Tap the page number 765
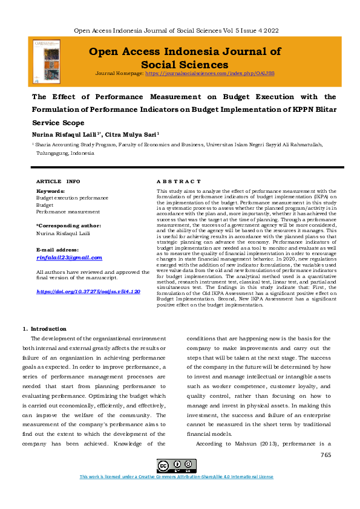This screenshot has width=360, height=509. click(x=326, y=454)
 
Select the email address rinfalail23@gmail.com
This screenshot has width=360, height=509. click(x=70, y=258)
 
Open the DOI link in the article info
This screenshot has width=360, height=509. click(x=88, y=291)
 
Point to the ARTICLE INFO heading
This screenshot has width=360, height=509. click(x=58, y=181)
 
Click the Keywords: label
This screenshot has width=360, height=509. click(x=50, y=192)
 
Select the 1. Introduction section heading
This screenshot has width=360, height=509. click(x=47, y=329)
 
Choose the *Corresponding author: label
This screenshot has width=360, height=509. click(x=69, y=225)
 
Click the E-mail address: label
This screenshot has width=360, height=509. click(x=57, y=250)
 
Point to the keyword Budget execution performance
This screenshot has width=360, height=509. click(x=73, y=198)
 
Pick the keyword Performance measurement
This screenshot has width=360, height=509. click(x=68, y=212)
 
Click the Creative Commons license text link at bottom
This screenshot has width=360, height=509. click(x=177, y=477)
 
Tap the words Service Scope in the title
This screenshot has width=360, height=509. click(x=58, y=123)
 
